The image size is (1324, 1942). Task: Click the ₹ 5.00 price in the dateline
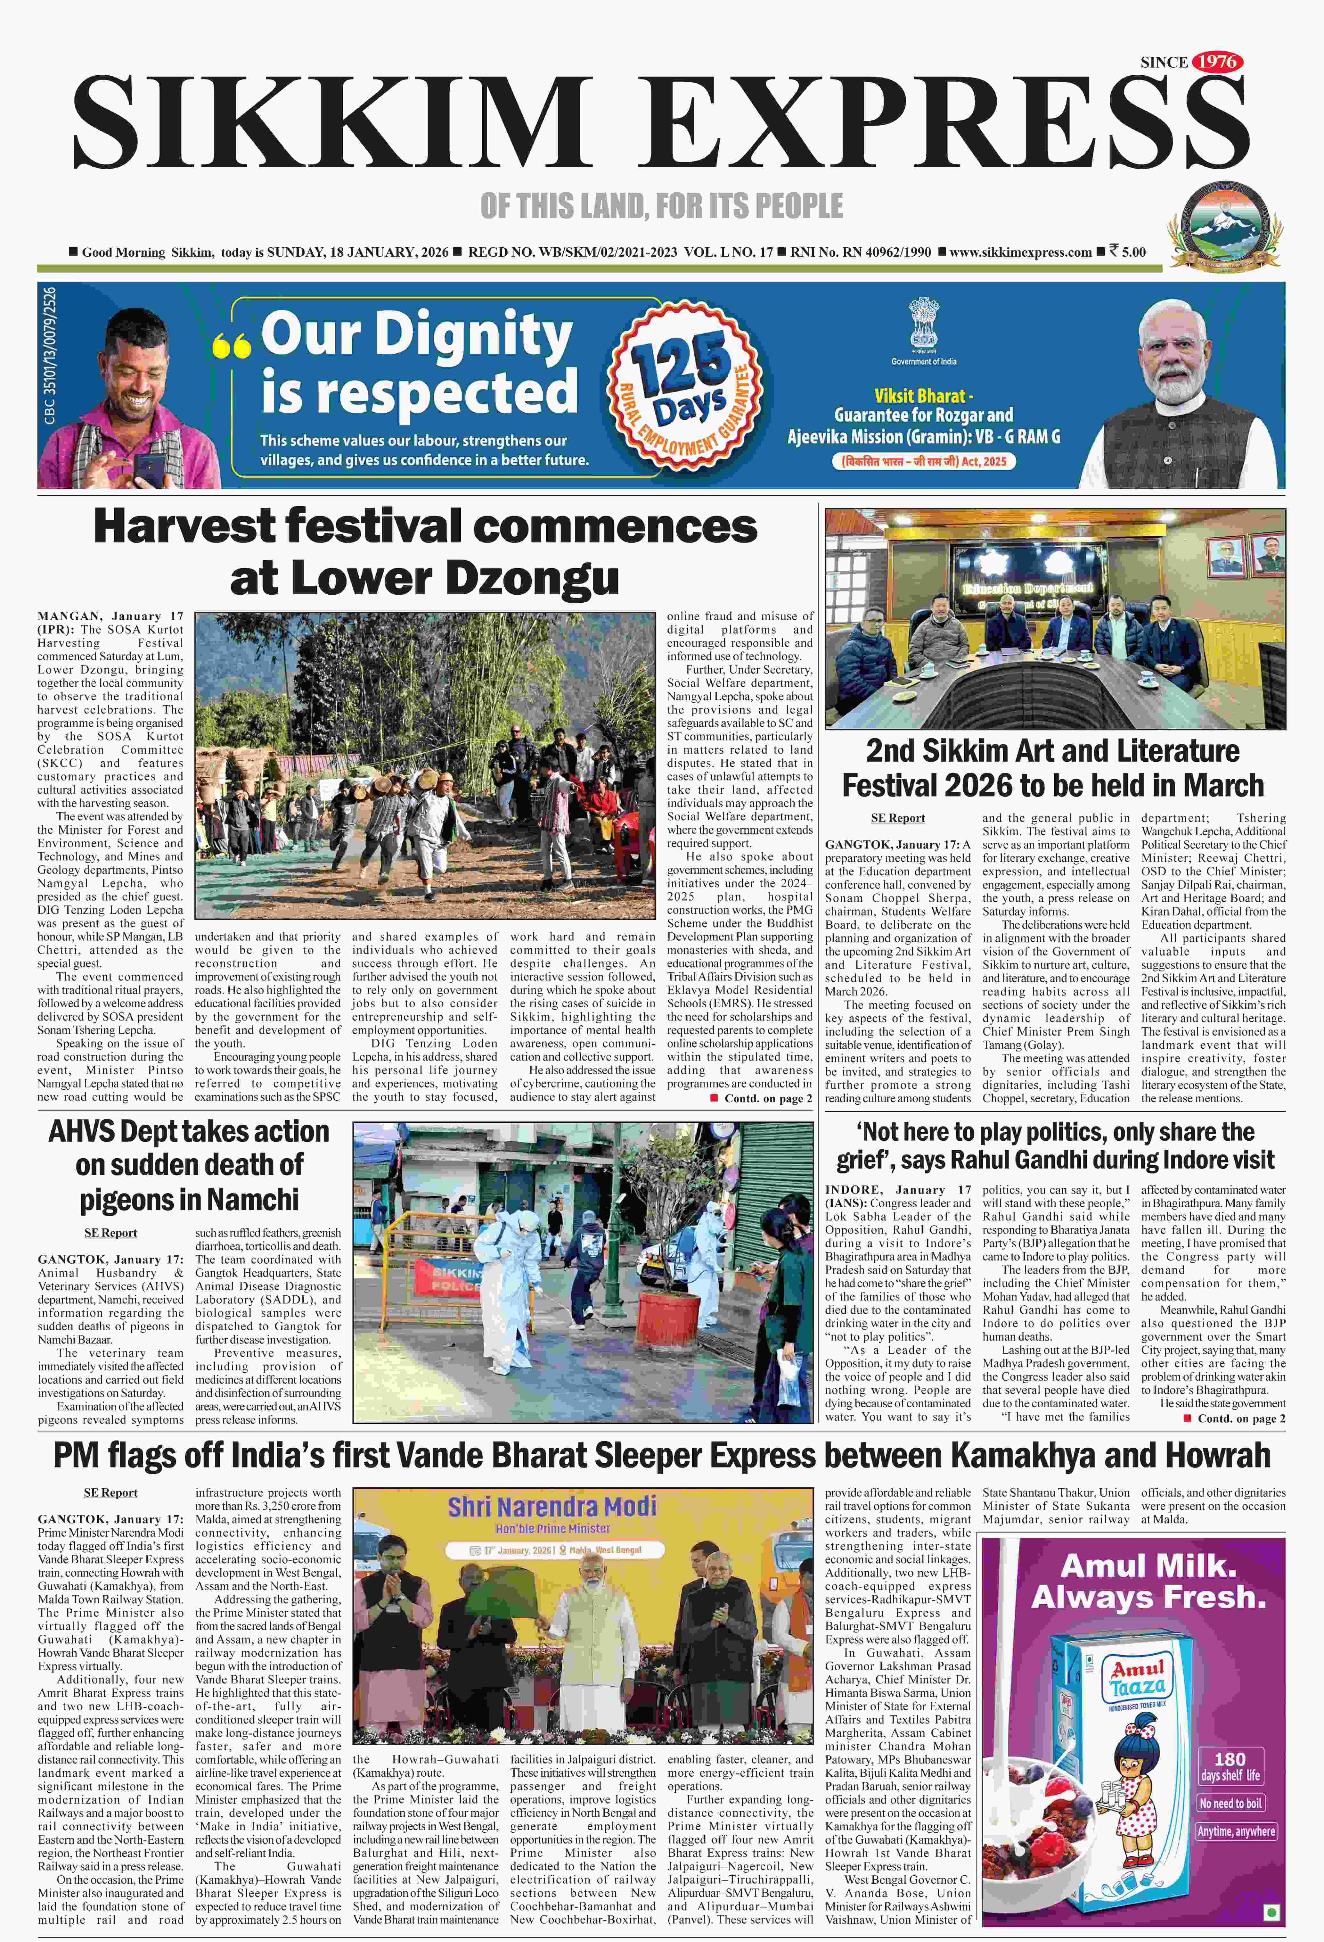point(1128,252)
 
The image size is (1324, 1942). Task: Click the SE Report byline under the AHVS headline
point(110,1233)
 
